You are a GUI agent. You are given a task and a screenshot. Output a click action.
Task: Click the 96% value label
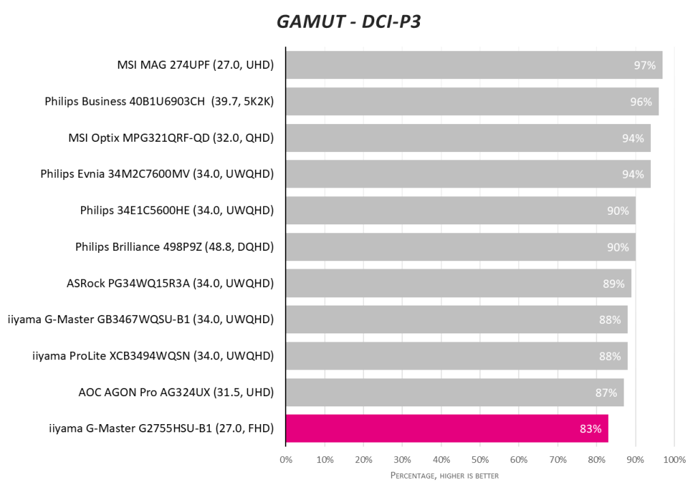pos(641,102)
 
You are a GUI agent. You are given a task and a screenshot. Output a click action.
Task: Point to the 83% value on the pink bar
pos(590,429)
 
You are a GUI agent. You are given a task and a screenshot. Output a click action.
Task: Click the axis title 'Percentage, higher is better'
pos(444,475)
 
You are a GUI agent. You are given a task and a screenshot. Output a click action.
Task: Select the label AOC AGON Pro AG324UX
pos(176,392)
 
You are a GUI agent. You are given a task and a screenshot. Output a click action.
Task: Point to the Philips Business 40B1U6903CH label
pos(159,102)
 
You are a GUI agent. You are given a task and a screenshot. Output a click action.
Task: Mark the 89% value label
pos(613,283)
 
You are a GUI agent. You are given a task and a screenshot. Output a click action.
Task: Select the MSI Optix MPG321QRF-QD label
pos(170,138)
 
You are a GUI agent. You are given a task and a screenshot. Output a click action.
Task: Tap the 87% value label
pos(606,392)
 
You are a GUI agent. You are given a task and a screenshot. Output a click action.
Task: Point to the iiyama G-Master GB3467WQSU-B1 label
pos(140,319)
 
